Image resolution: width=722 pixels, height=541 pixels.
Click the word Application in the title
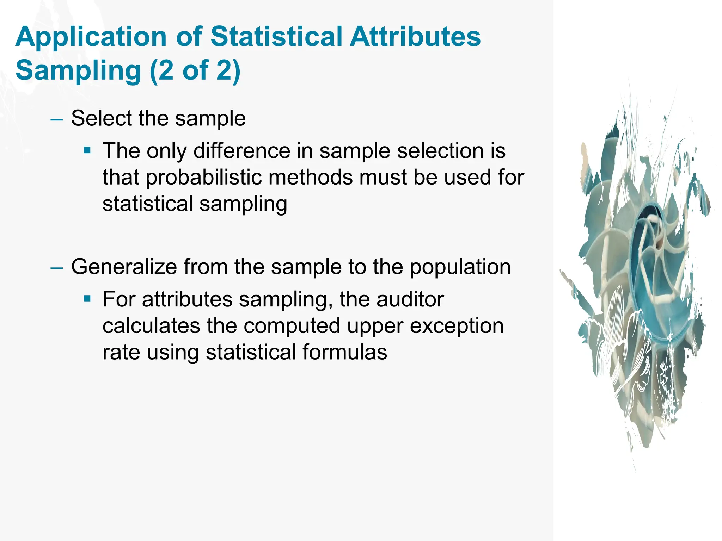[91, 37]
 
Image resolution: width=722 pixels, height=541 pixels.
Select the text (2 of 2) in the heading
[195, 70]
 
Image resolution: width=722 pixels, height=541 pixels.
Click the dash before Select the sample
[56, 119]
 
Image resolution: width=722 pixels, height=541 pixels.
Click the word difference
[241, 151]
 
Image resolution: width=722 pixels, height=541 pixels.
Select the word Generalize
[124, 267]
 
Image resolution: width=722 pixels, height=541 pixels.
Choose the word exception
[457, 326]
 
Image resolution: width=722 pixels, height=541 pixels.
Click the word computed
[292, 326]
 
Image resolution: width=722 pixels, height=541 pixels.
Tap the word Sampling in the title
[78, 70]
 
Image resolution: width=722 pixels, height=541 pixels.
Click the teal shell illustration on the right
[642, 275]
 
